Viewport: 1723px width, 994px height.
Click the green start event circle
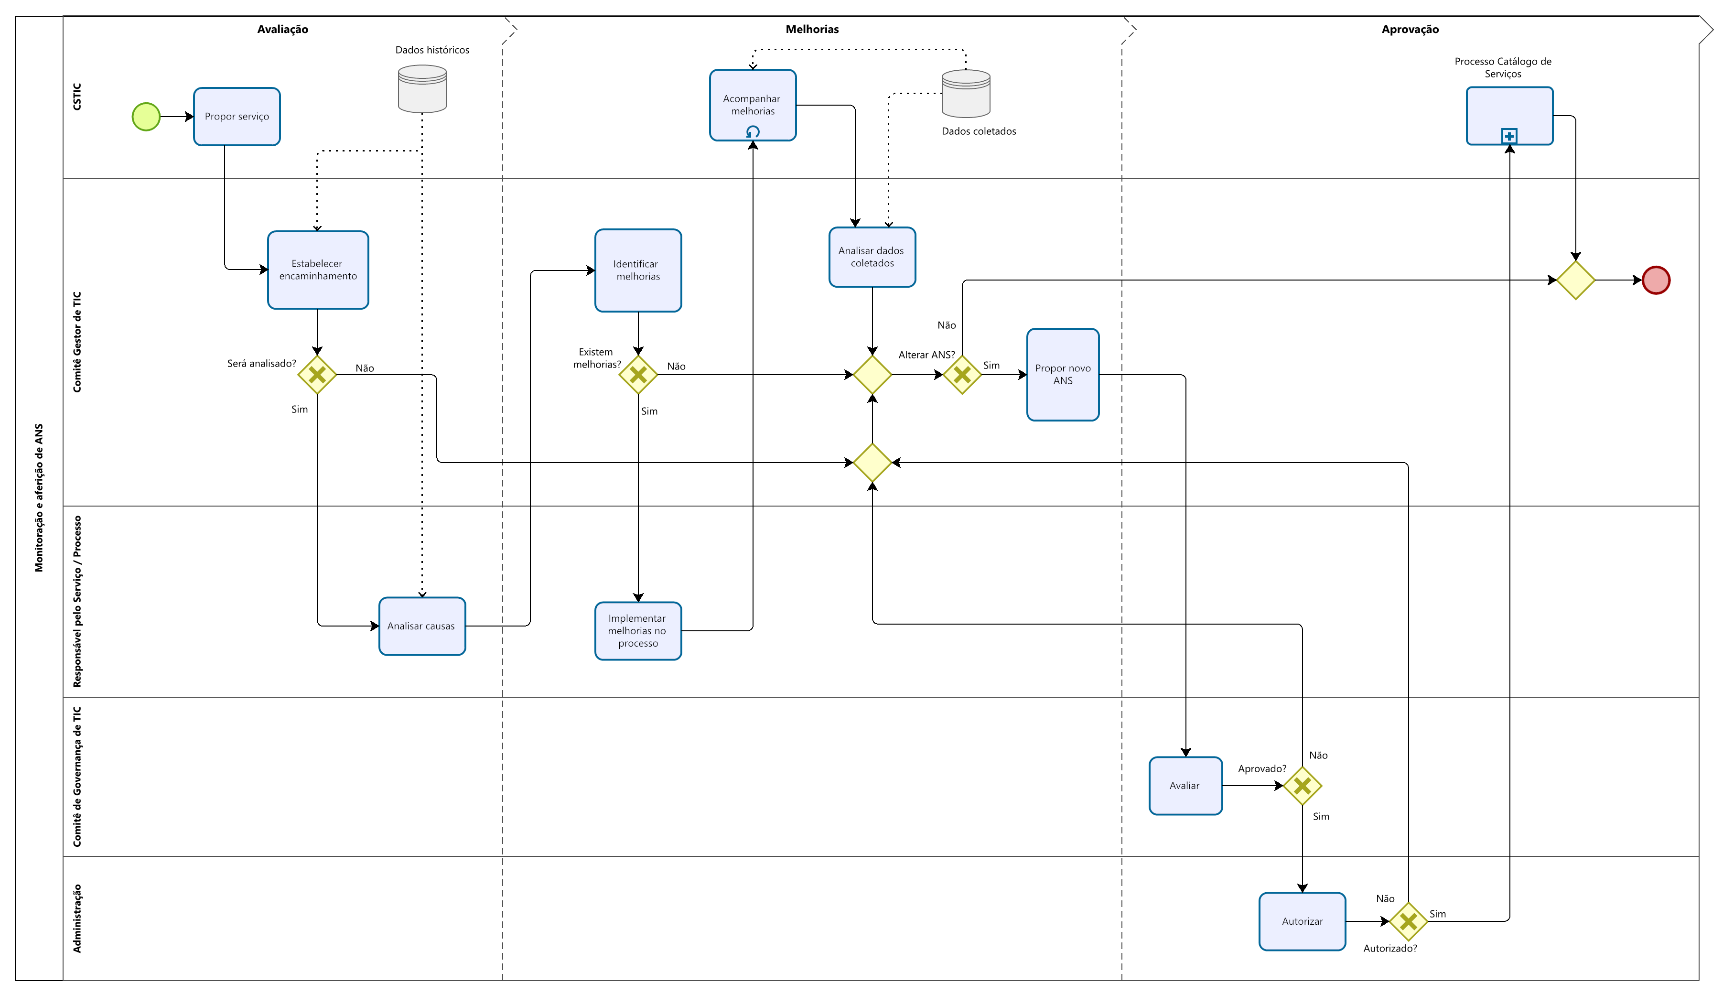(146, 117)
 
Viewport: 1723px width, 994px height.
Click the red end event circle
(1656, 280)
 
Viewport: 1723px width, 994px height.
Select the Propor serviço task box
(237, 117)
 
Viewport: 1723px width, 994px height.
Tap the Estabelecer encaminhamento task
(318, 270)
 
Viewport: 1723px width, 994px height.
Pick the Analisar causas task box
(422, 626)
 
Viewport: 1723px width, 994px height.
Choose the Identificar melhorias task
(638, 270)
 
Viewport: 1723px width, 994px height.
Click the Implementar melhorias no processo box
(638, 631)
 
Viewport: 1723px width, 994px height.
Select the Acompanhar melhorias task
(753, 105)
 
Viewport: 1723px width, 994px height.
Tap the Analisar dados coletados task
(872, 257)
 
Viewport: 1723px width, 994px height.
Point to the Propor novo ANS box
(1063, 375)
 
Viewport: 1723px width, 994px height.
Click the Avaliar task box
(1185, 786)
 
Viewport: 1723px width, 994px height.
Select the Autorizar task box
(1302, 922)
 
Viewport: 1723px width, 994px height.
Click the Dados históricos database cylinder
(422, 89)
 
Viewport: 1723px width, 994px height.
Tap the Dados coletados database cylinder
(966, 94)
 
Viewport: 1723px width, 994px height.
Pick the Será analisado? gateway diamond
(317, 375)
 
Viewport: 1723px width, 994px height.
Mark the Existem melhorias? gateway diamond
(638, 375)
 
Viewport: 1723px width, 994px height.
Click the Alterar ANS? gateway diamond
(962, 375)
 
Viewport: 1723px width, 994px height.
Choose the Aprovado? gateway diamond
(1302, 786)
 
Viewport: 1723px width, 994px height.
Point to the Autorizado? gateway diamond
(1409, 922)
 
